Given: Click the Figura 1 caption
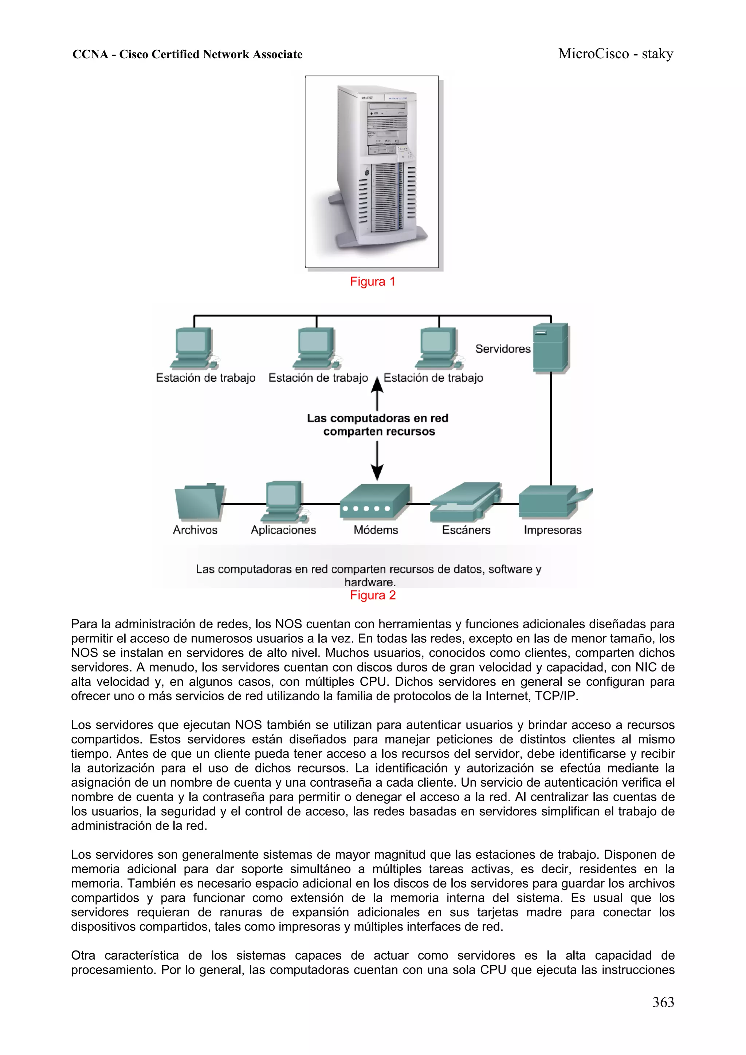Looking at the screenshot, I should click(x=372, y=282).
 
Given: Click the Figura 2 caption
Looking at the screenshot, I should click(x=372, y=595).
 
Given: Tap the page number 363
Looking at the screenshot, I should click(x=663, y=1002).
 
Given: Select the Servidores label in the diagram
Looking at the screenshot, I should click(x=502, y=349).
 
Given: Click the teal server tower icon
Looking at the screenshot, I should click(x=550, y=348).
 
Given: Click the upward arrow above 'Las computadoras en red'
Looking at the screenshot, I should click(x=377, y=393).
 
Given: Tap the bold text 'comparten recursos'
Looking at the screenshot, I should click(x=379, y=432).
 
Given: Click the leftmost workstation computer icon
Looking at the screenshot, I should click(x=193, y=348).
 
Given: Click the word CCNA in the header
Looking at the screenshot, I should click(x=90, y=55).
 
